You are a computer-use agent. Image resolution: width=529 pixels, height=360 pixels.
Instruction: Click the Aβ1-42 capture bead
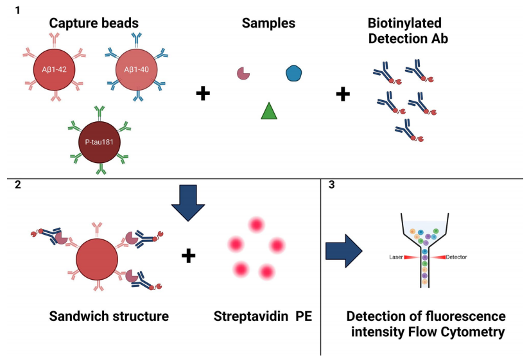tap(54, 70)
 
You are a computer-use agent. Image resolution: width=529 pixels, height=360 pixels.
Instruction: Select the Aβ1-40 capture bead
tap(136, 70)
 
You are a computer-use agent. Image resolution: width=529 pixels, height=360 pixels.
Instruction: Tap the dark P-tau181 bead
tap(99, 142)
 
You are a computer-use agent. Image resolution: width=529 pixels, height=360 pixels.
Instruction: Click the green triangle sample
tap(269, 111)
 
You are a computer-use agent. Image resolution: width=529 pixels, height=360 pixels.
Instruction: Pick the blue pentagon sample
tap(293, 73)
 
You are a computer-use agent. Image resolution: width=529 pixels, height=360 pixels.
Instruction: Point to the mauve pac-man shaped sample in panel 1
tap(243, 73)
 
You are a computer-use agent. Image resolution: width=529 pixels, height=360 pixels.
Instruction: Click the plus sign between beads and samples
tap(203, 94)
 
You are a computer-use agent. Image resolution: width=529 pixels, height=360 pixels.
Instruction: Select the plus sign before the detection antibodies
tap(343, 94)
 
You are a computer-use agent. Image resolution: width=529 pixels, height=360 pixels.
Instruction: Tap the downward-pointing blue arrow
tap(188, 203)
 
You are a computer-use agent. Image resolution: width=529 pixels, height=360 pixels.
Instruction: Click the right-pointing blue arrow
tap(343, 251)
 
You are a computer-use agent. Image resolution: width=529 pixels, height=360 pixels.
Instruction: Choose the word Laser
tap(395, 257)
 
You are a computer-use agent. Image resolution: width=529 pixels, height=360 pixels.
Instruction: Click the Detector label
tap(456, 257)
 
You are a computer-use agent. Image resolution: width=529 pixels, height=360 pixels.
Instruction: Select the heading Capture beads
tap(94, 23)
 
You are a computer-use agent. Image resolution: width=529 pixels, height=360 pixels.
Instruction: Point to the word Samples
tap(268, 23)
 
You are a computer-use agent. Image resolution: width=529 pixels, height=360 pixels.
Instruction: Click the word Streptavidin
tap(251, 316)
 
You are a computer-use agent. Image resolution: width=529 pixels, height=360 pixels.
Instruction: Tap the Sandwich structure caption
tap(109, 316)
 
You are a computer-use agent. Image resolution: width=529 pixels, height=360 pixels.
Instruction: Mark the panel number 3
tap(332, 185)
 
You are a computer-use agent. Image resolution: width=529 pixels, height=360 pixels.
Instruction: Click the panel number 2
tap(18, 184)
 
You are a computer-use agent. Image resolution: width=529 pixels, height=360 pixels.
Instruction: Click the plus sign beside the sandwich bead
tap(188, 256)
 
